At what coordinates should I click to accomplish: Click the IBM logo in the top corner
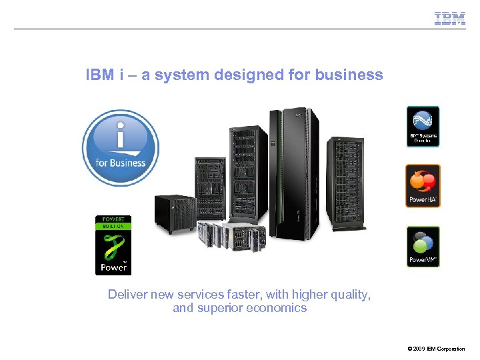pyautogui.click(x=450, y=18)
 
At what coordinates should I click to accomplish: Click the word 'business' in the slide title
pyautogui.click(x=353, y=75)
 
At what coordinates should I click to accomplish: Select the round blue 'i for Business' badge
pyautogui.click(x=120, y=147)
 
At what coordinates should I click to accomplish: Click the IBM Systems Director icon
pyautogui.click(x=423, y=127)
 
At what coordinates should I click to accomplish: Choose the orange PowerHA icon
pyautogui.click(x=423, y=185)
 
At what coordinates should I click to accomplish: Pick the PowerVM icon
pyautogui.click(x=423, y=246)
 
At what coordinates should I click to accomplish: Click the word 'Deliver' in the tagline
pyautogui.click(x=127, y=294)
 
